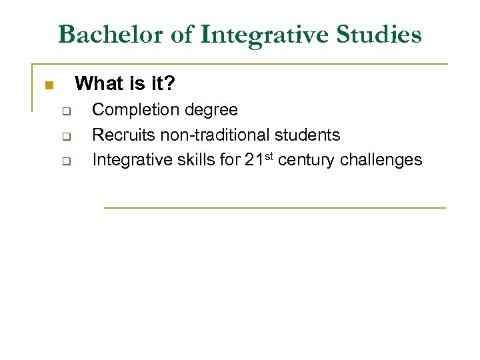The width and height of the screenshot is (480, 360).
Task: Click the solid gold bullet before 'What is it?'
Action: click(x=48, y=85)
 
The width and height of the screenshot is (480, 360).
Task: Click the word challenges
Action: click(x=381, y=160)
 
